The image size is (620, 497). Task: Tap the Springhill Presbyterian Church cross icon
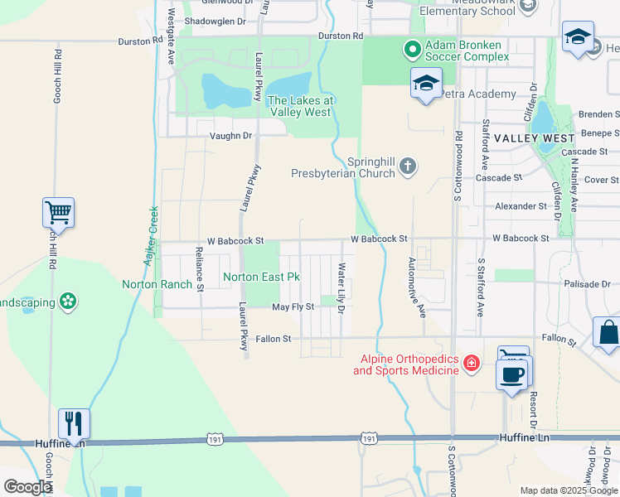pos(407,167)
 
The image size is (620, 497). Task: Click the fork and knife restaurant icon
pos(74,423)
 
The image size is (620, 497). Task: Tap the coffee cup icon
pos(511,374)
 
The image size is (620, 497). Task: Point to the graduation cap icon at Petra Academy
pos(426,84)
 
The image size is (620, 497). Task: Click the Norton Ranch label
pos(157,284)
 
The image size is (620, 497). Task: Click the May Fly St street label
pos(293,307)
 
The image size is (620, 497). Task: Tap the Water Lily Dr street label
pos(341,287)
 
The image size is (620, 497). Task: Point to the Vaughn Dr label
pos(230,136)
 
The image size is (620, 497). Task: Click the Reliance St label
pos(199,269)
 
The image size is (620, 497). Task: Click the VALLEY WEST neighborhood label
pos(535,138)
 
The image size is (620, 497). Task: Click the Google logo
pos(27,487)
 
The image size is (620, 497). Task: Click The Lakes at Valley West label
pos(300,106)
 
